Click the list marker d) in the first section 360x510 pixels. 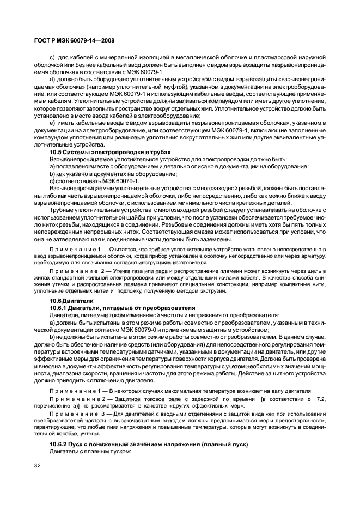coord(52,80)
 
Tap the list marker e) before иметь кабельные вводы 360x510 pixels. coord(52,123)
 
